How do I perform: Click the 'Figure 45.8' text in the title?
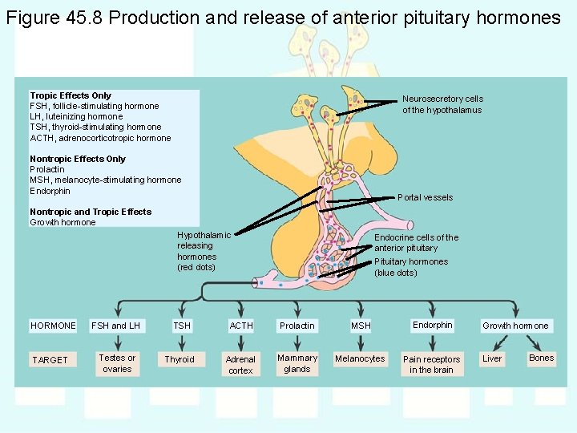point(54,18)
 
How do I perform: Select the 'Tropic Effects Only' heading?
point(71,95)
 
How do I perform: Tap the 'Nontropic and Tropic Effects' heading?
point(91,212)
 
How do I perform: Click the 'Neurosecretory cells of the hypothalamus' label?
point(442,104)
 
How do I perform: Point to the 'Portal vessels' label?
point(425,197)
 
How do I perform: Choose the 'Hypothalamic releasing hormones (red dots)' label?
point(204,251)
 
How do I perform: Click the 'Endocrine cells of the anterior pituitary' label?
point(417,242)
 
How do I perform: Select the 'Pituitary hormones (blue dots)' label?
point(411,267)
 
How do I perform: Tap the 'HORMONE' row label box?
point(53,326)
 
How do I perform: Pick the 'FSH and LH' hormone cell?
point(116,326)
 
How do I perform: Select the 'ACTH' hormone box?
point(241,326)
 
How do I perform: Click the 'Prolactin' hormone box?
point(297,326)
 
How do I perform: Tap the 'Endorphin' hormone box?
point(433,325)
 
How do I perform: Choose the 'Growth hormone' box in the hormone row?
point(515,326)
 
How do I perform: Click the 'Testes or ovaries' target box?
point(117,363)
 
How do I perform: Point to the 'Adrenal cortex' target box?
point(240,365)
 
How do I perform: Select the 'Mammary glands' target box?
point(297,363)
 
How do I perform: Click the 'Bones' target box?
point(542,358)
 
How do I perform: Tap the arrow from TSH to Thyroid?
point(181,342)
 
